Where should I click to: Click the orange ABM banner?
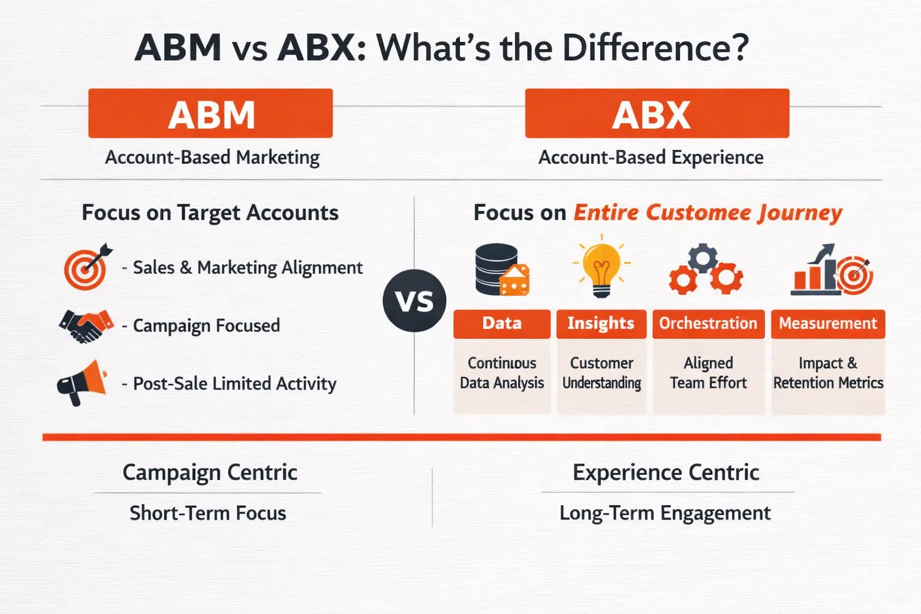(x=210, y=113)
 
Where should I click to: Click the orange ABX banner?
(x=657, y=113)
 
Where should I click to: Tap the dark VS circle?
(x=414, y=300)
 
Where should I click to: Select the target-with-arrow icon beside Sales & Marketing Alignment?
(x=88, y=267)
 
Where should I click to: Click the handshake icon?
(x=86, y=326)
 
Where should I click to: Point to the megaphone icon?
(x=82, y=382)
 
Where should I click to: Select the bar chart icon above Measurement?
(x=830, y=271)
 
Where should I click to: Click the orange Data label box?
(x=502, y=324)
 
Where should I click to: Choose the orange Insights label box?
(x=601, y=324)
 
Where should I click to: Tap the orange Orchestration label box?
(x=708, y=324)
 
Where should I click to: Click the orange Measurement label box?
(x=827, y=324)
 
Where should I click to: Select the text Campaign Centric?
(x=210, y=472)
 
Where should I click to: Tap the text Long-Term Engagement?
(x=665, y=513)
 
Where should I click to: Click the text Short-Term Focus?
(x=208, y=513)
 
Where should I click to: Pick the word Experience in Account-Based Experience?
(x=717, y=158)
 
